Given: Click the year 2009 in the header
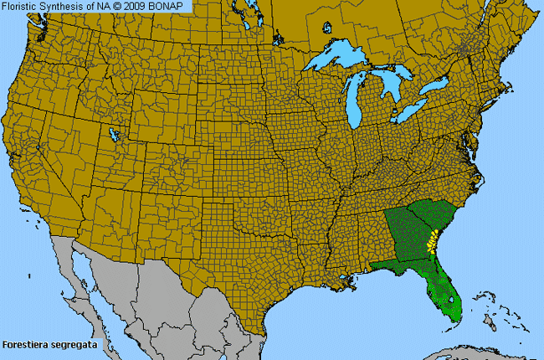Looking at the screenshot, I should tap(140, 6).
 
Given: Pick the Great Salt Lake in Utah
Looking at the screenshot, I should tap(112, 134).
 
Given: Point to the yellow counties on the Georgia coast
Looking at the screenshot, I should tap(432, 243).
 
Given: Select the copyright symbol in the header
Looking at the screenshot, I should tap(122, 6).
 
